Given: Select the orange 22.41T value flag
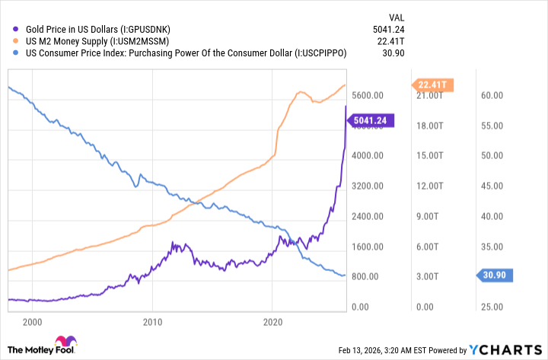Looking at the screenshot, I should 434,84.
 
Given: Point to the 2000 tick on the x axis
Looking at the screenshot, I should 32,321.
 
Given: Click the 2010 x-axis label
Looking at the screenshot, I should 152,321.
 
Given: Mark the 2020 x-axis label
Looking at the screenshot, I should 272,321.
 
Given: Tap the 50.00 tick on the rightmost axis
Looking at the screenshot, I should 493,155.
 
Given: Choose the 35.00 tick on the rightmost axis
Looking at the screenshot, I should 493,247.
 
